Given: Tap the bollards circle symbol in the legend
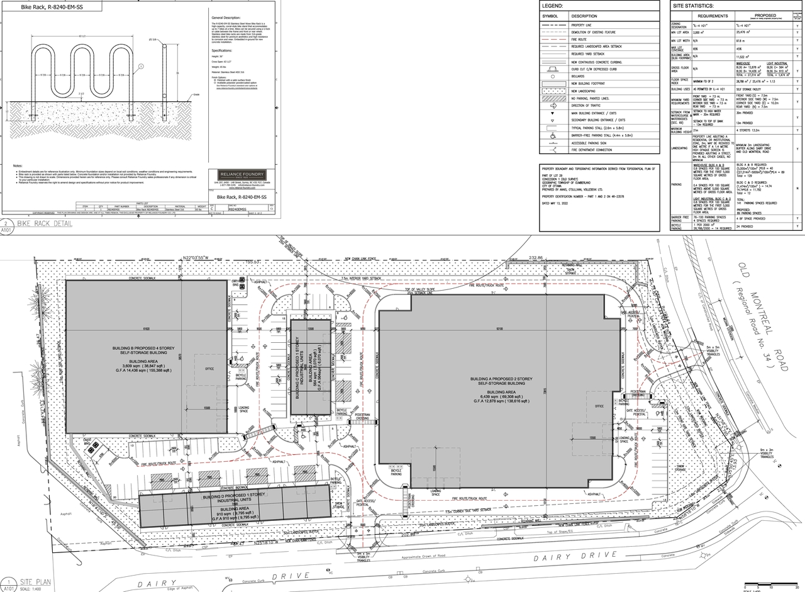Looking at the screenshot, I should pos(554,76).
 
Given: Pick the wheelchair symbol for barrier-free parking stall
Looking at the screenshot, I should pos(554,135).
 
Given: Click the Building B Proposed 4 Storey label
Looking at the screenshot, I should pos(148,350).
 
